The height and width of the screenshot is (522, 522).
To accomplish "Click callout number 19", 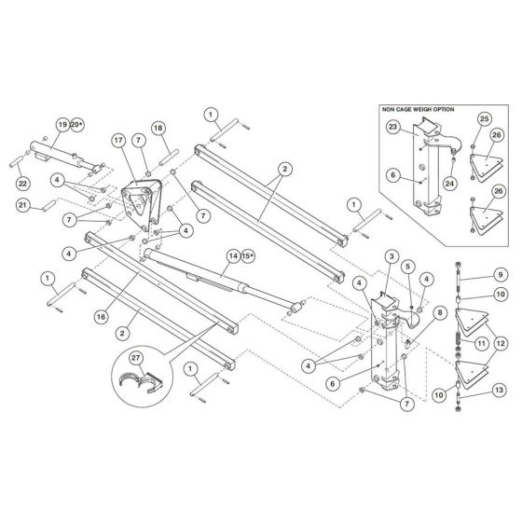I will click(x=62, y=124).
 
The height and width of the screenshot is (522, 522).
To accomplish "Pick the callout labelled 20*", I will click(x=77, y=124).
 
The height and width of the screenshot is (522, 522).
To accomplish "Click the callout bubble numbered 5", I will click(x=408, y=266).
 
